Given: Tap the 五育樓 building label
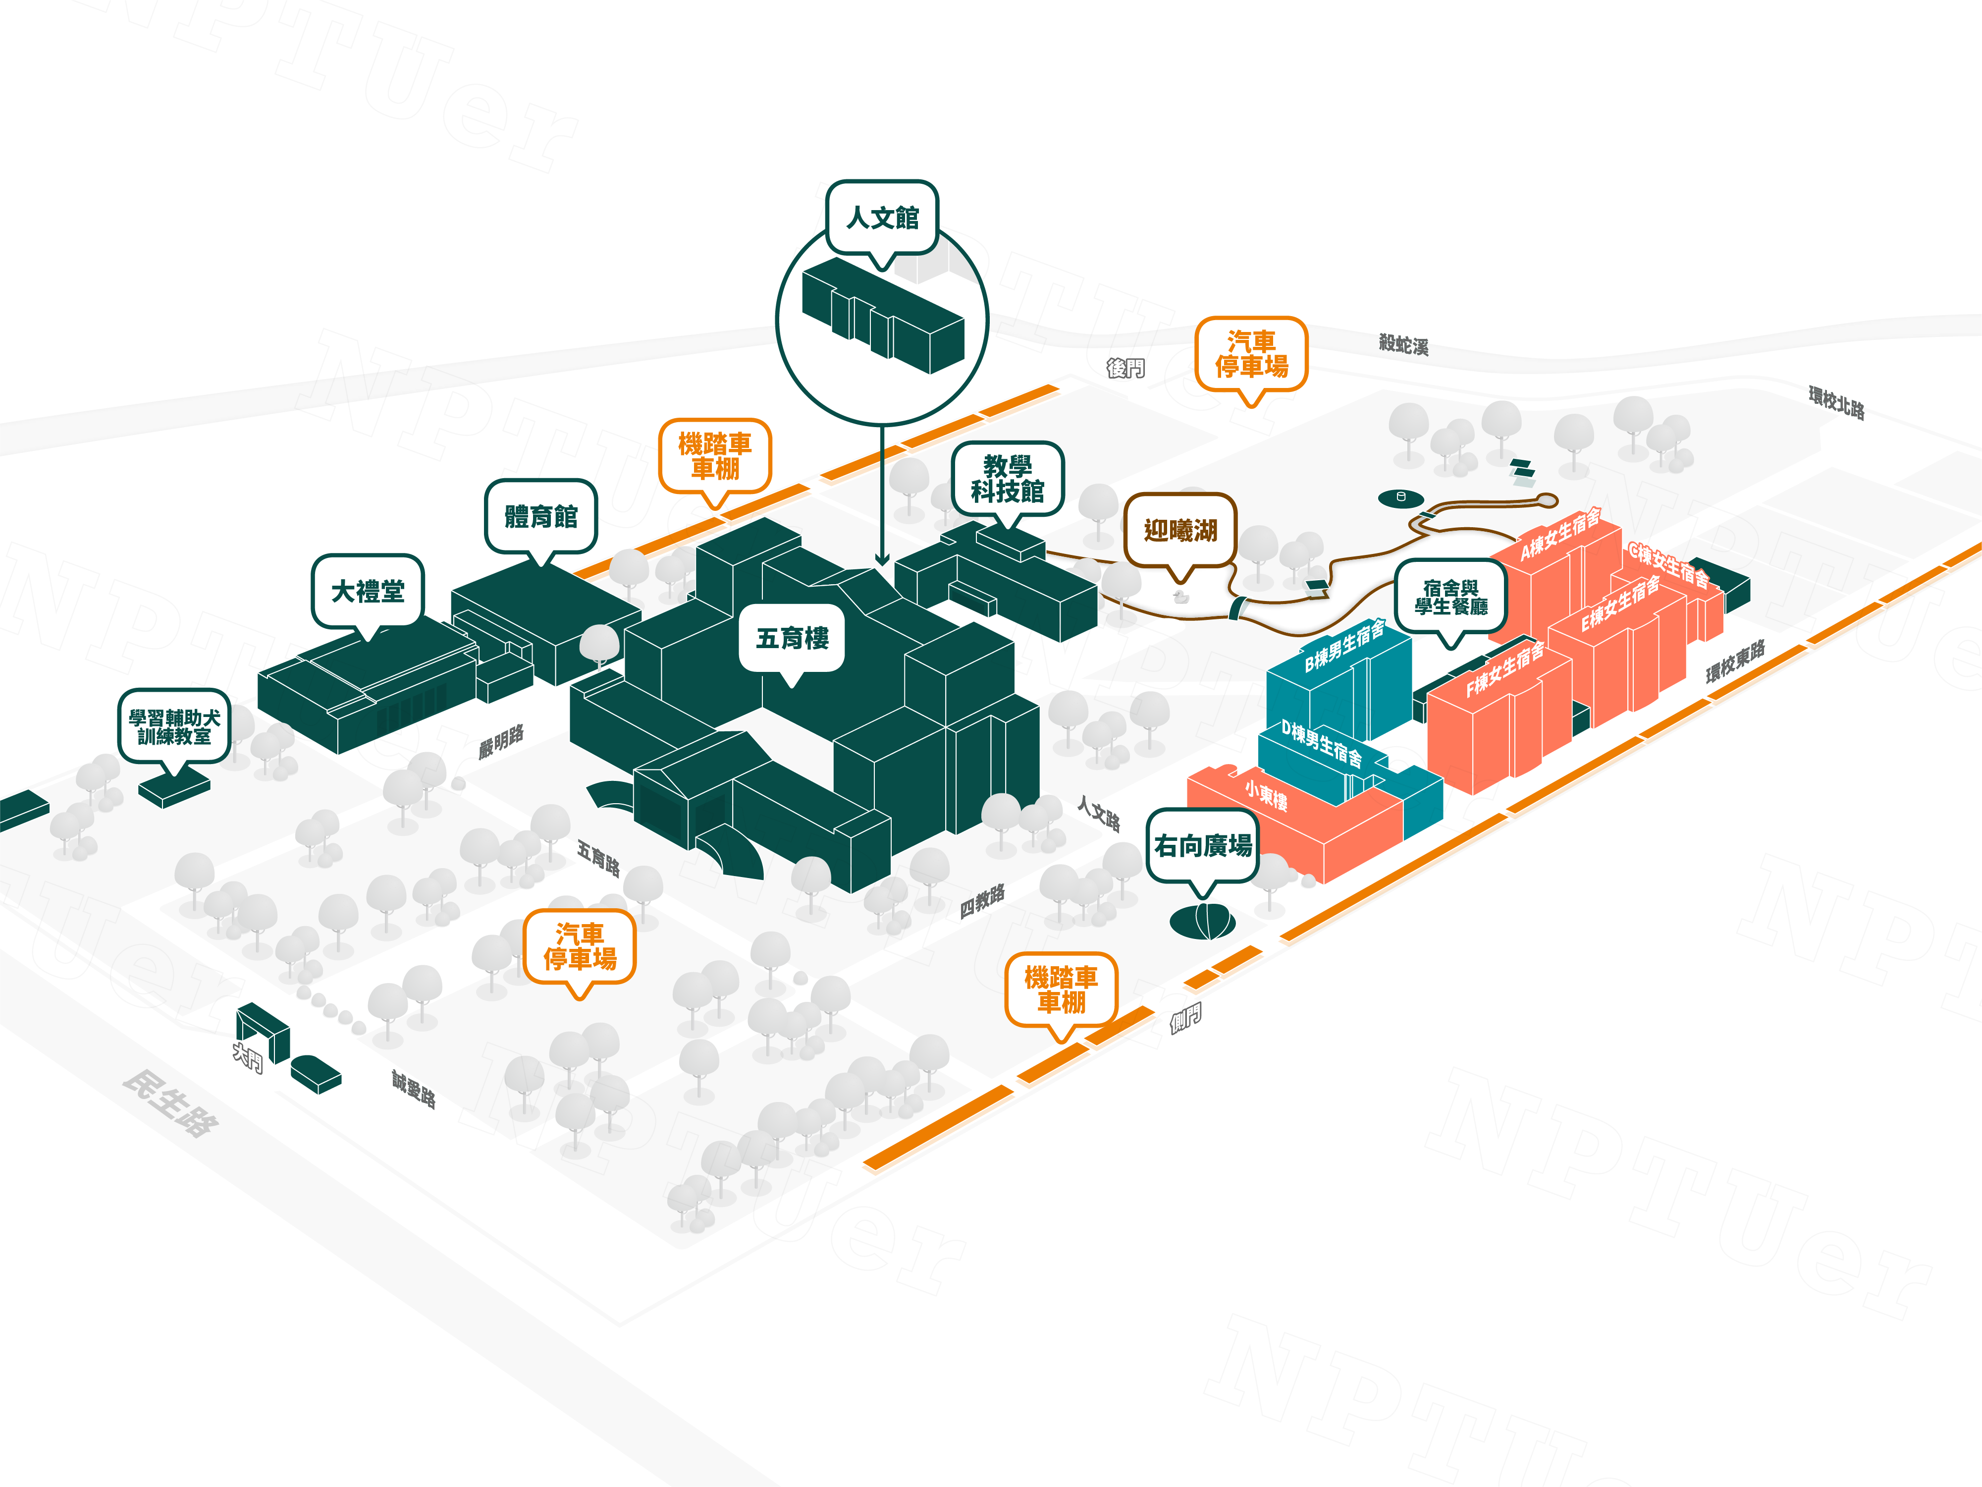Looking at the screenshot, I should pyautogui.click(x=792, y=638).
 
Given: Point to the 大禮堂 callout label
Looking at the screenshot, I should pyautogui.click(x=368, y=592).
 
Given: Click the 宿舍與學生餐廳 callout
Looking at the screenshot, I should pyautogui.click(x=1450, y=597).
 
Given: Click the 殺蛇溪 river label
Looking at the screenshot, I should pyautogui.click(x=1403, y=344).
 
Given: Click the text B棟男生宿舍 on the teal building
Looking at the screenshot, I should pyautogui.click(x=1344, y=645).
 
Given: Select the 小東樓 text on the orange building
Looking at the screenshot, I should pyautogui.click(x=1266, y=795).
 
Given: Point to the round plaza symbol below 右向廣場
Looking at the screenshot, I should pyautogui.click(x=1202, y=921).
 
